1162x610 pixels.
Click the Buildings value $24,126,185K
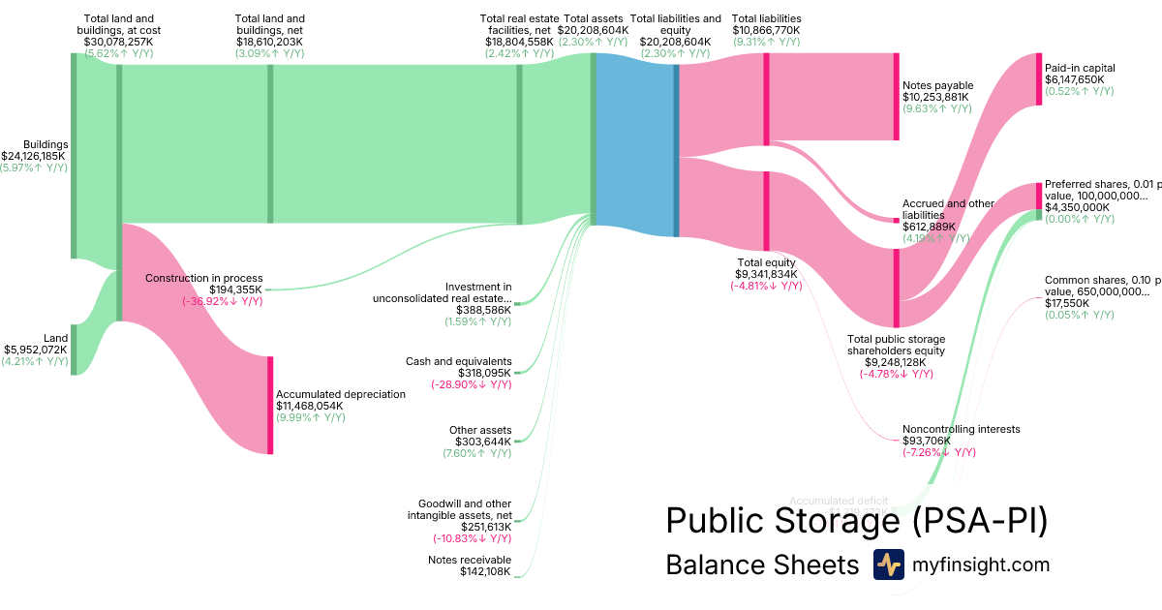(34, 156)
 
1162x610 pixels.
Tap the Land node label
(56, 338)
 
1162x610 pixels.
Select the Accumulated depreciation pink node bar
(270, 405)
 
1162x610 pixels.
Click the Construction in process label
(203, 278)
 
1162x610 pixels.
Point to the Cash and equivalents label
(458, 361)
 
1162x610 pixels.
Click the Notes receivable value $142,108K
(485, 571)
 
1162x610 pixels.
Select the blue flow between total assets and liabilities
(634, 145)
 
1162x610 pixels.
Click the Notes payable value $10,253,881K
(935, 97)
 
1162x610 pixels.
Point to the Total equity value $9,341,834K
(766, 274)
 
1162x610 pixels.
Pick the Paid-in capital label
(1080, 68)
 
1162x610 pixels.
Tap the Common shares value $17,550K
(1066, 303)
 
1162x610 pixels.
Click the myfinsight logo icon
(888, 564)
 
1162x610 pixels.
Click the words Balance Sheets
(762, 565)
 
